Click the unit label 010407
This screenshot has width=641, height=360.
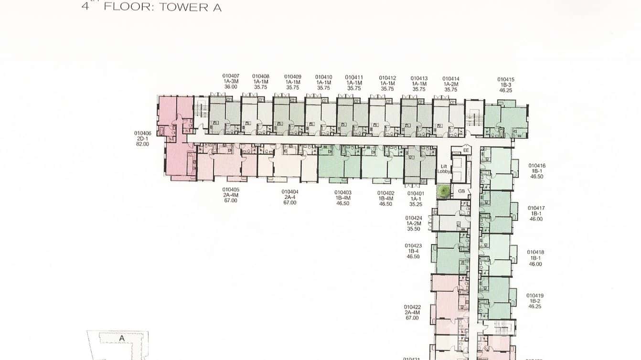pos(231,76)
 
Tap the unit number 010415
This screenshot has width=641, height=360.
pos(506,79)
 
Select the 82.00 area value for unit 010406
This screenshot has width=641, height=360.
pos(142,144)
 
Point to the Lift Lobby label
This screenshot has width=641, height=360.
pos(444,169)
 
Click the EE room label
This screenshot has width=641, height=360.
pos(466,150)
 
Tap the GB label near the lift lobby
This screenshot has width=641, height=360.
pos(461,191)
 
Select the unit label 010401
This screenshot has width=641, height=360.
pos(416,193)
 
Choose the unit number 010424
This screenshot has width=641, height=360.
pos(414,218)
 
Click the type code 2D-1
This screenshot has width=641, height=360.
pos(142,138)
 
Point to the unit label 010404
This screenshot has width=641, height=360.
pos(290,191)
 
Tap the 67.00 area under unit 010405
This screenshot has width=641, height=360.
pos(231,201)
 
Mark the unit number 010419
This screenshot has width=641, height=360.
pos(535,296)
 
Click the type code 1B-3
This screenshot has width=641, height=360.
pos(506,85)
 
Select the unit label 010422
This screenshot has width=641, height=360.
pos(412,307)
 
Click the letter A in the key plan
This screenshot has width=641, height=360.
pos(122,338)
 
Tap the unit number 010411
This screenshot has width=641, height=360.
pos(354,77)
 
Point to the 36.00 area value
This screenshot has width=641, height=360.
pos(231,87)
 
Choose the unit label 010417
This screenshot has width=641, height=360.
pos(536,208)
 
